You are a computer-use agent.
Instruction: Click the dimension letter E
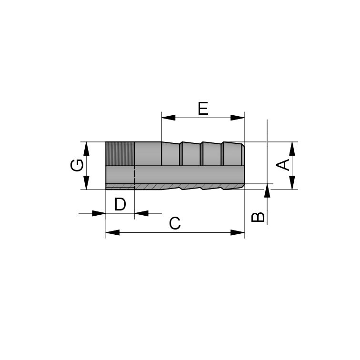coord(203,109)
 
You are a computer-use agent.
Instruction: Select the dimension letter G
coord(77,165)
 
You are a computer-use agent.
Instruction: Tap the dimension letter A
coord(283,165)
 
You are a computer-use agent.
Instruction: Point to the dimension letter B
coord(258,217)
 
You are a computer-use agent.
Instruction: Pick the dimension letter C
coord(175,223)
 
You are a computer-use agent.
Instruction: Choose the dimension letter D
coord(120,205)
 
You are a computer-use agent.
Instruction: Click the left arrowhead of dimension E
coord(168,118)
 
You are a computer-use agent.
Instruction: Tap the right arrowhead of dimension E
coord(238,118)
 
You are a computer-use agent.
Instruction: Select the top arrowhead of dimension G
coord(87,148)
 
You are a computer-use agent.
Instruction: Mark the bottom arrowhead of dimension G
coord(87,183)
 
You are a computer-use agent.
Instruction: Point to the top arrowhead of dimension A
coord(291,148)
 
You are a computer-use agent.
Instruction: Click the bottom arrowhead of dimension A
coord(291,183)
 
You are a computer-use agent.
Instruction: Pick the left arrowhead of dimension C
coord(112,232)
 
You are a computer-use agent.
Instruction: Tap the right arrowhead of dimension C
coord(238,232)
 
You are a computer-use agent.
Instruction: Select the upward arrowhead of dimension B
coord(268,190)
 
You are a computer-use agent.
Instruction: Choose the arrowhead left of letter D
coord(99,213)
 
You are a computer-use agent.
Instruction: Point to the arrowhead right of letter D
coord(141,213)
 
